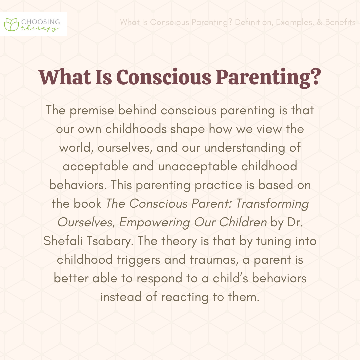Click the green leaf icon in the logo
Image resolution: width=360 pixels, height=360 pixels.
pos(11,25)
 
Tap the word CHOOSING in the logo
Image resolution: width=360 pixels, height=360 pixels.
pos(41,22)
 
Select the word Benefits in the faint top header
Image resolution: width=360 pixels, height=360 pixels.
pos(340,22)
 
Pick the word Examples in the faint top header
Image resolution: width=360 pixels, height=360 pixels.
pos(295,23)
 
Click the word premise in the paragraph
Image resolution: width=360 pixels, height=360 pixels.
pos(92,111)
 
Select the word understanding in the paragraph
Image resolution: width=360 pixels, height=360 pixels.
pos(245,148)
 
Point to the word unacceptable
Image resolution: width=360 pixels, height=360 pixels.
pos(198,166)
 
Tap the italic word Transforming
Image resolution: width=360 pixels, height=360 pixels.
pos(272,204)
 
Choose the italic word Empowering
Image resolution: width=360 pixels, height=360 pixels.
pos(155,222)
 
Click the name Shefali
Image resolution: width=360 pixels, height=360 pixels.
pos(63,241)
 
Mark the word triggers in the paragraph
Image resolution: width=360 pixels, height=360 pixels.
pos(138,260)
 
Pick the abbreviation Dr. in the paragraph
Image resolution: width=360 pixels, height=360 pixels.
pos(295,222)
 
